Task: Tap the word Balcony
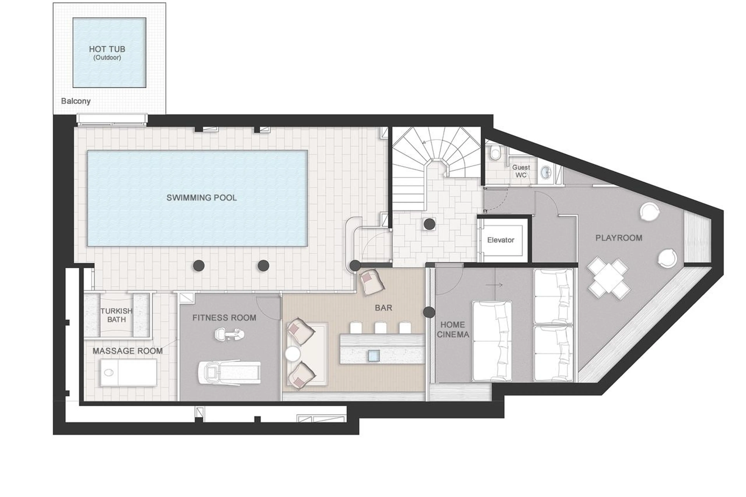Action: pyautogui.click(x=76, y=101)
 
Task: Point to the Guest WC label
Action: pyautogui.click(x=521, y=171)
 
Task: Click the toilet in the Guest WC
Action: pyautogui.click(x=495, y=153)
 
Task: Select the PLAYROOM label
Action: pyautogui.click(x=619, y=238)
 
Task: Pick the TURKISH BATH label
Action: pyautogui.click(x=116, y=315)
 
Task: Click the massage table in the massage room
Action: pyautogui.click(x=128, y=373)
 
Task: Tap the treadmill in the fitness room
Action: pyautogui.click(x=229, y=373)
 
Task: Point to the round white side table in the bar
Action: pyautogui.click(x=292, y=353)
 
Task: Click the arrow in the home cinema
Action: pyautogui.click(x=494, y=285)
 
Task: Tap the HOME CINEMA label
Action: pyautogui.click(x=452, y=329)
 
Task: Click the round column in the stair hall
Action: pyautogui.click(x=429, y=224)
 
